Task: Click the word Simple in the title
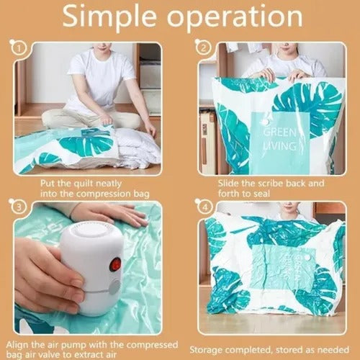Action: tap(109, 17)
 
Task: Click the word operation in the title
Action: tap(235, 17)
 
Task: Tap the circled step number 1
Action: tap(19, 49)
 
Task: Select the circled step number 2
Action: tap(204, 48)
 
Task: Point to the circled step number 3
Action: tap(19, 207)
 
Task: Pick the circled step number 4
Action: tap(204, 207)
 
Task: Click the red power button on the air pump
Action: tap(115, 264)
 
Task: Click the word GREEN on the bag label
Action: tap(280, 132)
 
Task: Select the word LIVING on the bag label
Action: tap(280, 145)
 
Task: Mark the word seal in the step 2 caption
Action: tap(261, 194)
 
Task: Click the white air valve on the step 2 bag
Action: tap(265, 122)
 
